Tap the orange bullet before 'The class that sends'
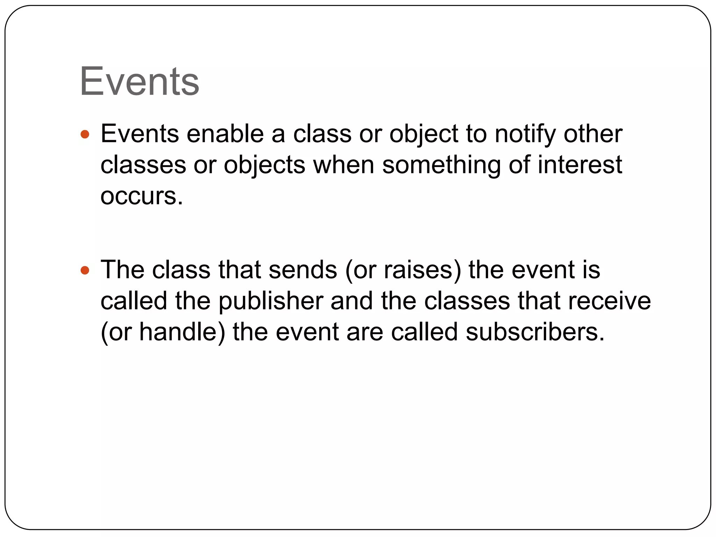[x=85, y=270]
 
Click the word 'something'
[x=441, y=165]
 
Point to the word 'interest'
[x=579, y=165]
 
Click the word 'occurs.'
[x=142, y=196]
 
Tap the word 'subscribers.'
[x=535, y=332]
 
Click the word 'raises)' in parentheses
[x=423, y=270]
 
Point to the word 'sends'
[x=303, y=270]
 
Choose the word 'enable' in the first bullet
[x=225, y=134]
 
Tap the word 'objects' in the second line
[x=265, y=165]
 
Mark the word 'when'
[x=344, y=165]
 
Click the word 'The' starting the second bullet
[x=123, y=270]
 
